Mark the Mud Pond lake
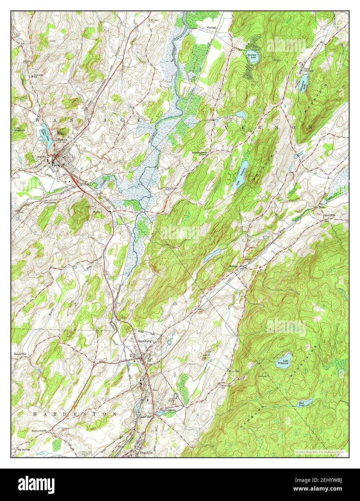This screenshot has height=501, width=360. click(x=302, y=404)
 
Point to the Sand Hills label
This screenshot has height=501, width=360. click(x=329, y=215)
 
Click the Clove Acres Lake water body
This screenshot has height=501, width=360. click(x=43, y=131)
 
